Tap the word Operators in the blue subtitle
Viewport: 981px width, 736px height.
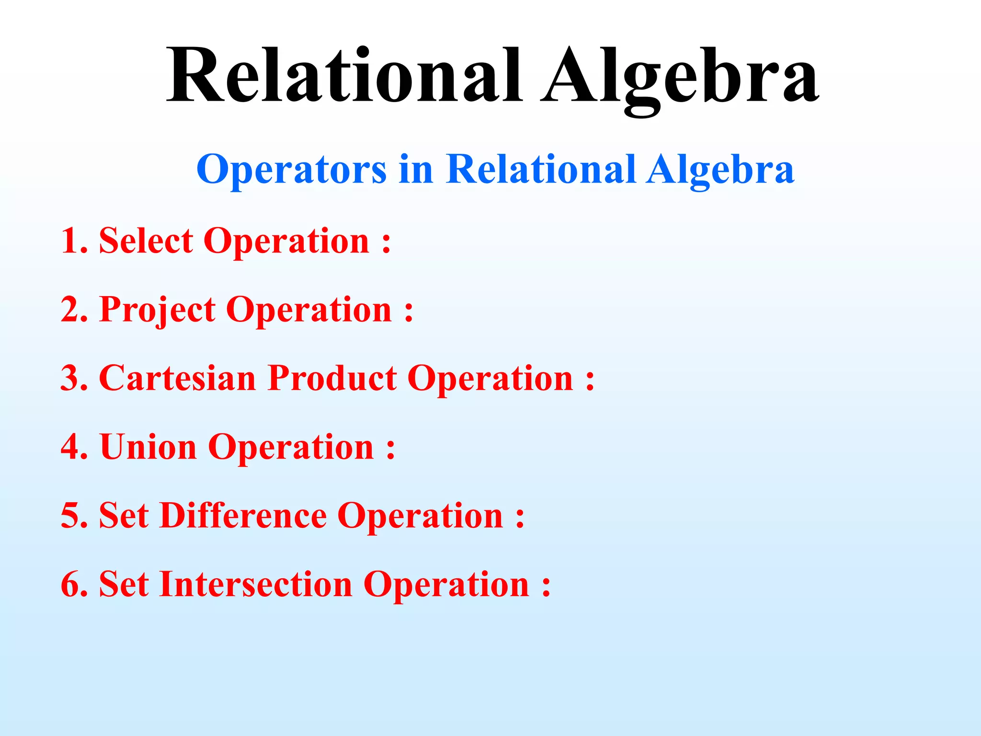[x=291, y=170]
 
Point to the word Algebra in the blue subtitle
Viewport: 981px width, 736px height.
[x=720, y=170]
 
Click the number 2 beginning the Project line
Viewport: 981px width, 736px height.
[x=71, y=310]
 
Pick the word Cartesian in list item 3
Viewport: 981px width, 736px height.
[x=177, y=378]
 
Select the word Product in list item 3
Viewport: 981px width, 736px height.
[x=332, y=378]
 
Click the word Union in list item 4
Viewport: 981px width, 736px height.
[x=148, y=447]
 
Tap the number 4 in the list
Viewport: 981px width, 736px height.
[x=71, y=447]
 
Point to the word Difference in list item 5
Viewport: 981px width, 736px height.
[x=243, y=516]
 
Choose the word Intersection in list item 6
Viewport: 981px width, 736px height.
[x=256, y=585]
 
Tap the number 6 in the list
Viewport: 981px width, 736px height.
[x=71, y=585]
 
